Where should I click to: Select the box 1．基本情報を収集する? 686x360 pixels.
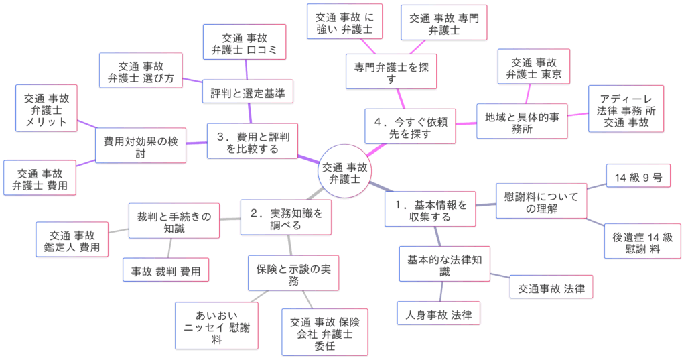point(431,209)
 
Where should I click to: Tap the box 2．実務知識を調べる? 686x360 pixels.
point(286,219)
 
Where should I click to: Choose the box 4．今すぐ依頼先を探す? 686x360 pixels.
point(411,126)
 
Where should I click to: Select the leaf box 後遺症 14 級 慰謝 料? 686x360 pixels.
point(642,241)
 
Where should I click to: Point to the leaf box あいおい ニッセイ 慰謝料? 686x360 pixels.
point(216,325)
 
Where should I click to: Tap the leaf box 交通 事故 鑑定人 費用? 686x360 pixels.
point(72,241)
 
